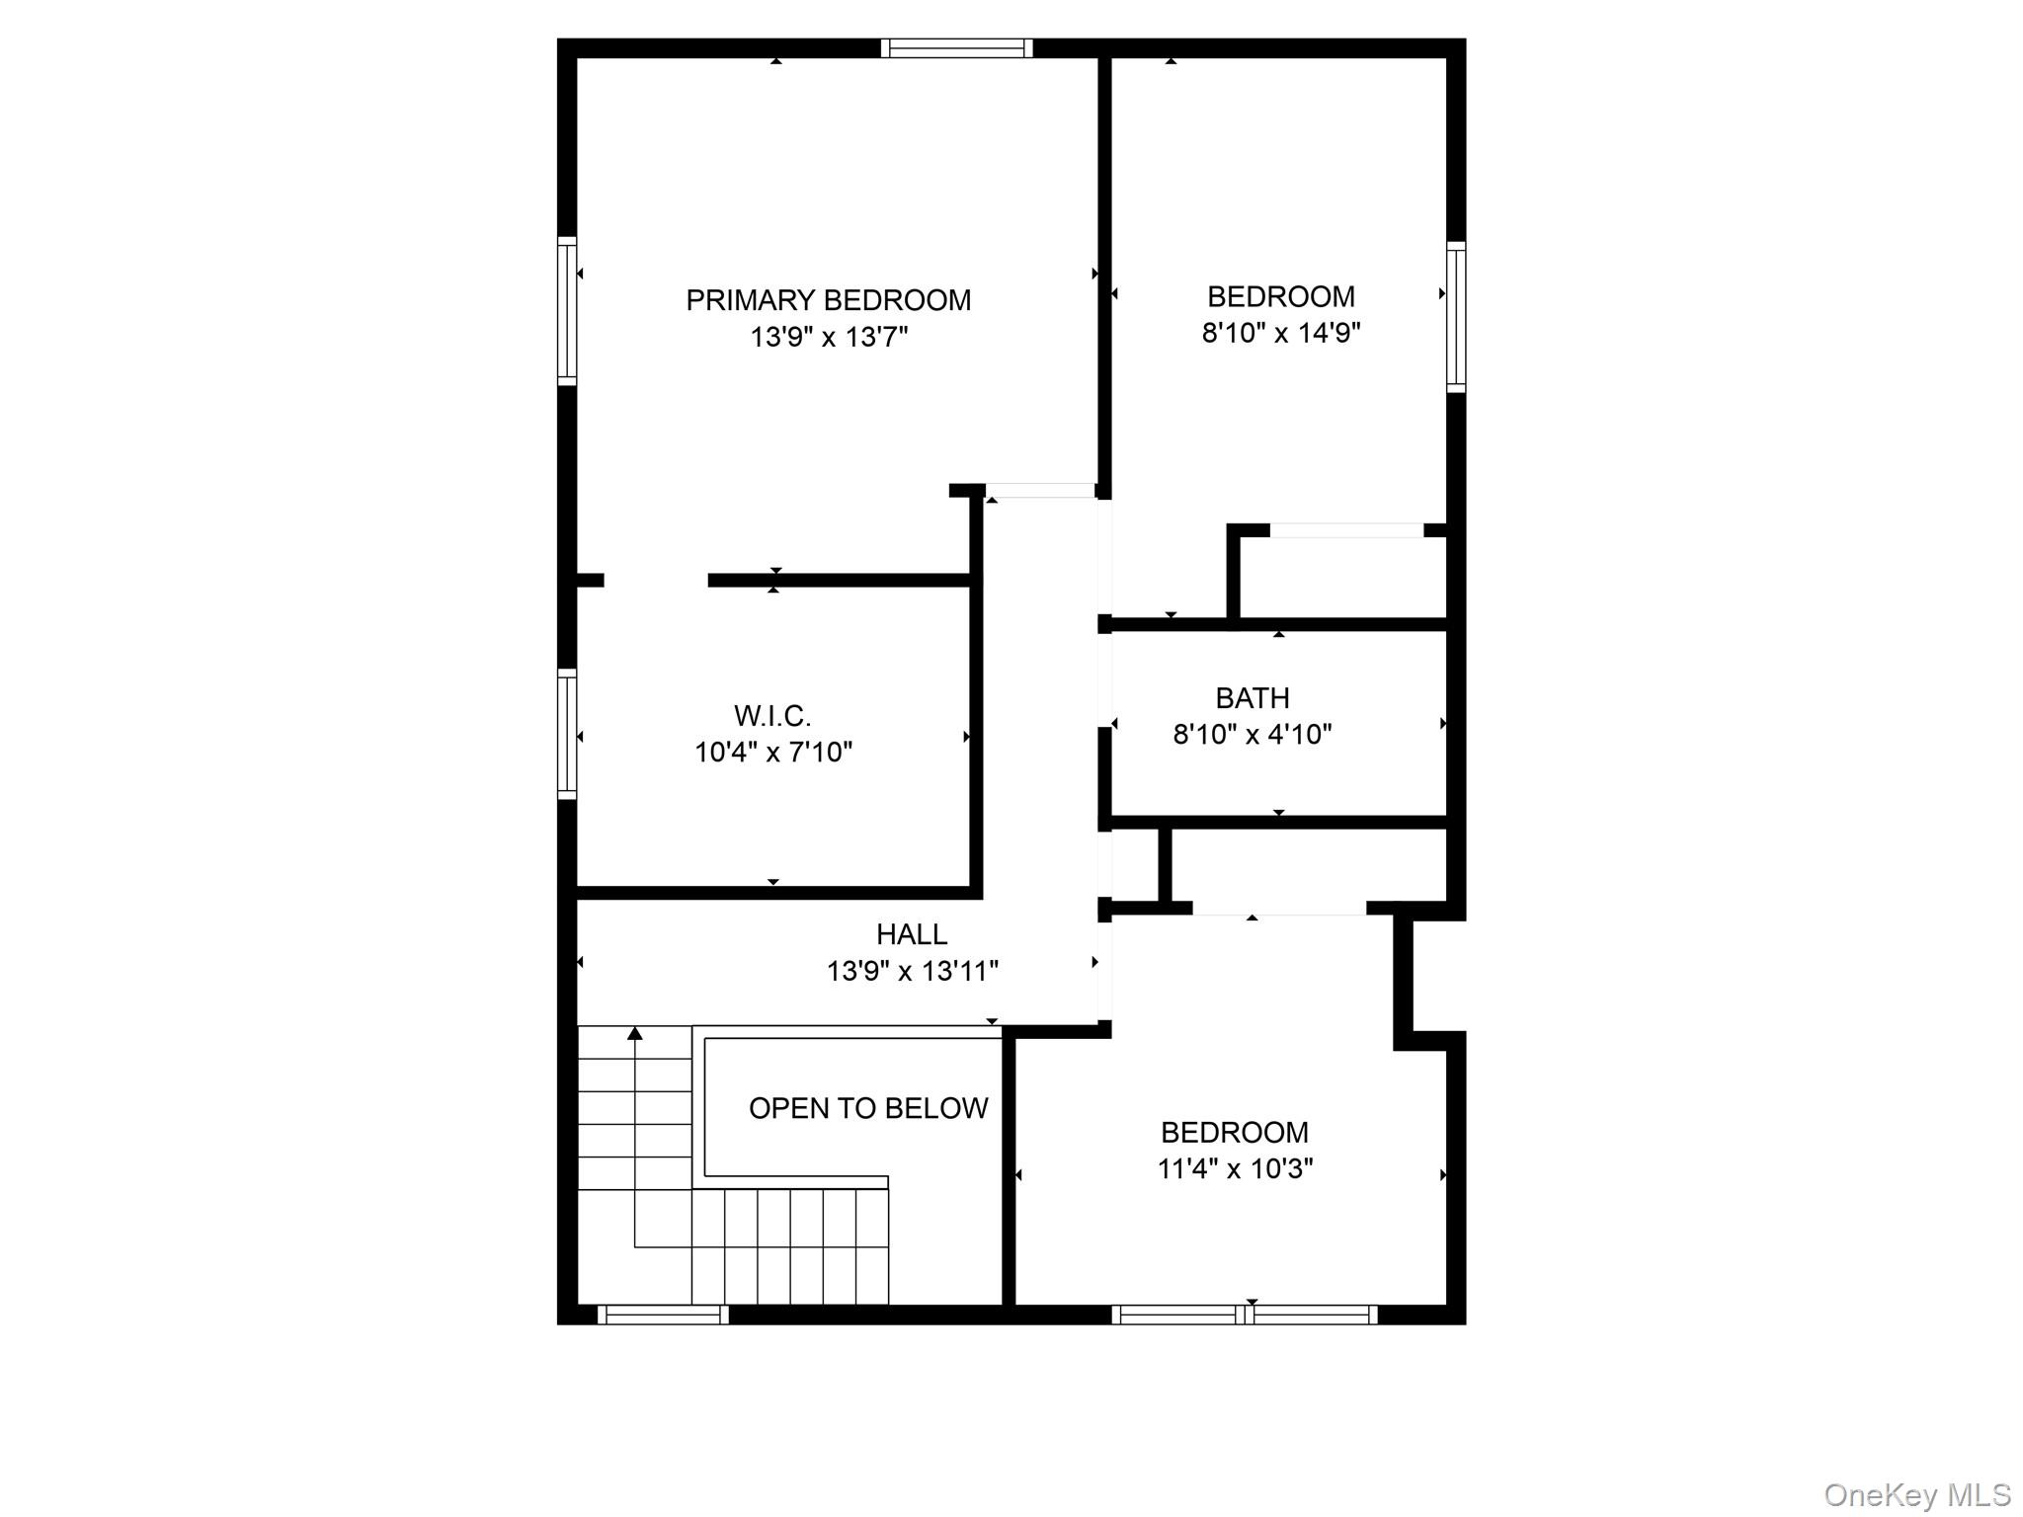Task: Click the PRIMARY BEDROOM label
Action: pos(828,300)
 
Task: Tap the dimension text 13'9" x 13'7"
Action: pos(828,338)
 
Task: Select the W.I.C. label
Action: pos(772,715)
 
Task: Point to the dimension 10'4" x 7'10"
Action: pos(772,753)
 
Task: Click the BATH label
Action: pos(1252,698)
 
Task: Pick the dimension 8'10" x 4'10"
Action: pos(1252,735)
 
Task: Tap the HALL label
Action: pos(911,933)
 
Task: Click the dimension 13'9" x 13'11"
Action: pos(911,971)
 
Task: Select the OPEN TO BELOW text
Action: pos(867,1108)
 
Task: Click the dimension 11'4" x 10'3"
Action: pos(1235,1169)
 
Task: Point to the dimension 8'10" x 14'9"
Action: pos(1280,333)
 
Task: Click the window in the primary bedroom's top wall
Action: pos(956,48)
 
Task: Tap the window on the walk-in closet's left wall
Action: pos(567,734)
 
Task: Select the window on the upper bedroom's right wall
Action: pos(1456,316)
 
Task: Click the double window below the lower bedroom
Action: pos(1244,1315)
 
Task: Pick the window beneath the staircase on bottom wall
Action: pos(663,1315)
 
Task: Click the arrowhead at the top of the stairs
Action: pos(635,1033)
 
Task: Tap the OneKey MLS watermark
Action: pos(1916,1494)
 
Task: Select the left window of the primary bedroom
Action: pos(567,311)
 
